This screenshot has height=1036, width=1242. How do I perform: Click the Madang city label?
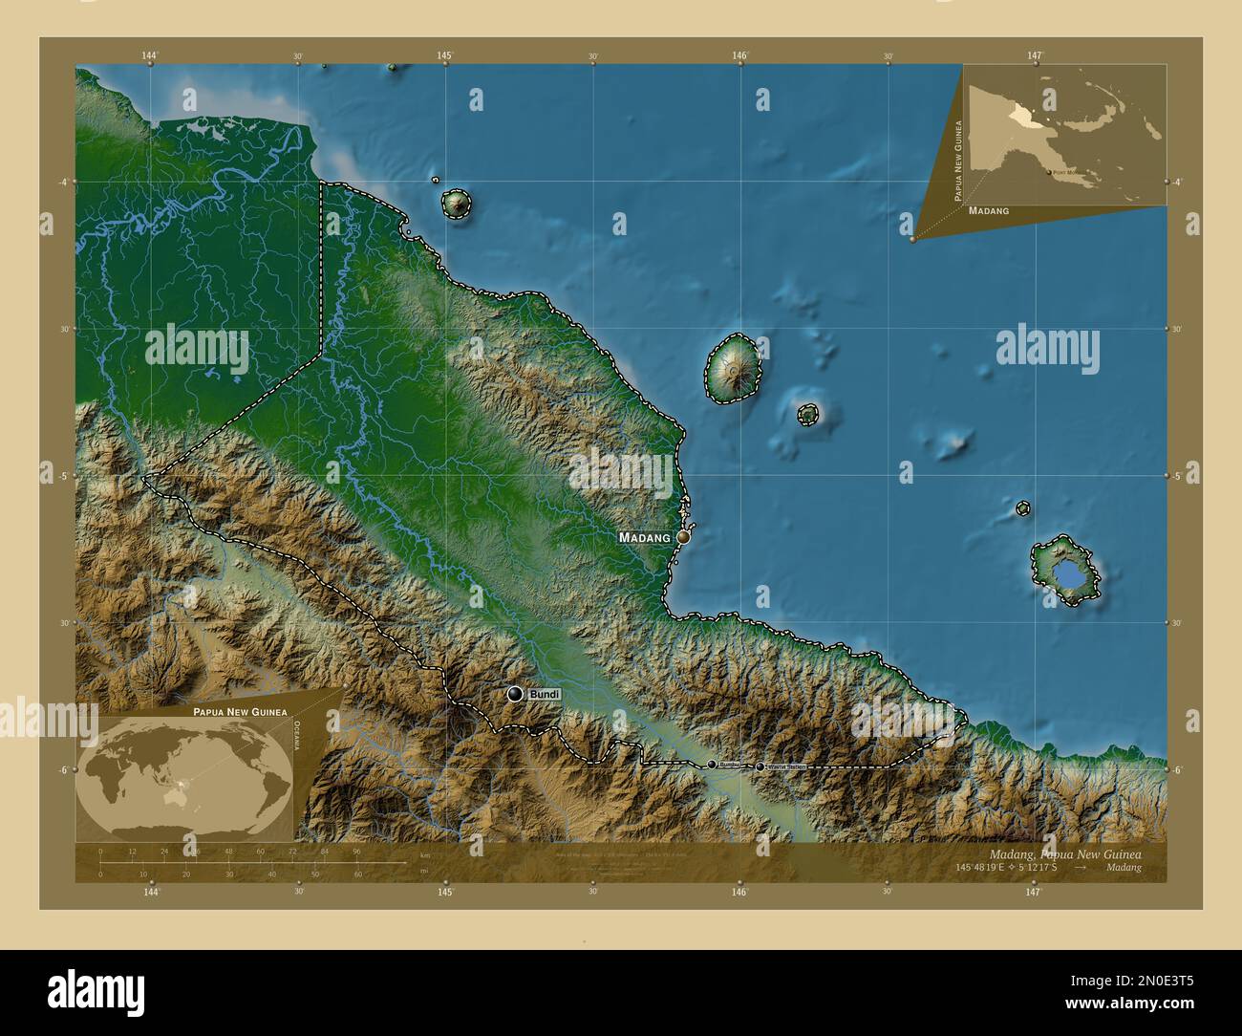click(645, 537)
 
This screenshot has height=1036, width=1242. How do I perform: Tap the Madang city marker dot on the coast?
click(683, 537)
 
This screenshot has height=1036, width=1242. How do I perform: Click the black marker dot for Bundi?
click(515, 694)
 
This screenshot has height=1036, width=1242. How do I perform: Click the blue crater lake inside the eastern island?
click(1066, 575)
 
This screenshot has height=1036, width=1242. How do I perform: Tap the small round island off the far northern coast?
click(456, 203)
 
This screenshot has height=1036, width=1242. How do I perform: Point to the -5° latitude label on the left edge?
click(63, 475)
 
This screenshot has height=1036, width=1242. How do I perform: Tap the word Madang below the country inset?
click(988, 209)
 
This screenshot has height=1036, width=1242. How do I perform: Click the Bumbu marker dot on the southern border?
click(712, 765)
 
